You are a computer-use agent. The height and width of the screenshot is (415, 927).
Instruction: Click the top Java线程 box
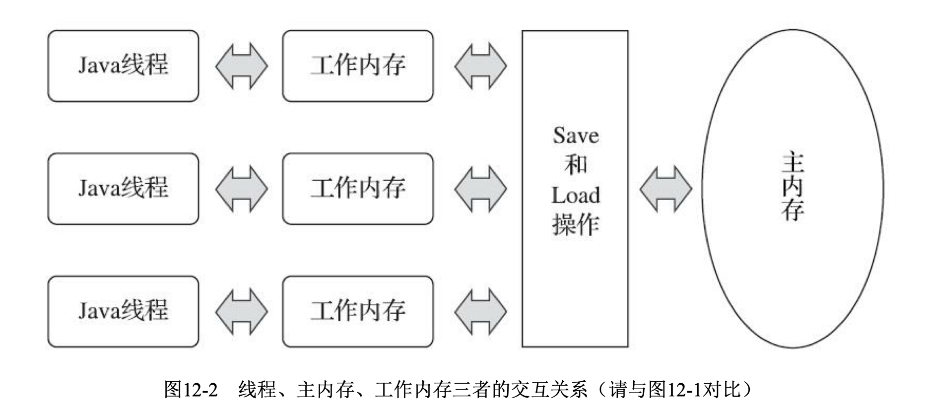[x=123, y=66]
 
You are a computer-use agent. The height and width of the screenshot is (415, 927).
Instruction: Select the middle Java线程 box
[x=123, y=189]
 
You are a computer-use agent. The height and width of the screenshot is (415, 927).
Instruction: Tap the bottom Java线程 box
[x=123, y=312]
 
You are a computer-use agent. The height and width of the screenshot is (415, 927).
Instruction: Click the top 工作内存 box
[x=358, y=66]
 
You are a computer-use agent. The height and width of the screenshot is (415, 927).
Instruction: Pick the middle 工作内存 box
[x=358, y=189]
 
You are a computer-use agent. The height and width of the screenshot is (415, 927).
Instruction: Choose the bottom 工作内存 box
[x=358, y=312]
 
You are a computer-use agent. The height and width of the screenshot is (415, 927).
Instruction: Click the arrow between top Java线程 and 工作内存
[x=241, y=66]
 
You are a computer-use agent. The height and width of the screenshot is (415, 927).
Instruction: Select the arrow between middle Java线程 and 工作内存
[x=241, y=189]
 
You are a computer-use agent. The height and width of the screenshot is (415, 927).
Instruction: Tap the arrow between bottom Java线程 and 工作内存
[x=241, y=312]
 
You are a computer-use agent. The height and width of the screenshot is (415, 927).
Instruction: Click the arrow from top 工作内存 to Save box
[x=480, y=66]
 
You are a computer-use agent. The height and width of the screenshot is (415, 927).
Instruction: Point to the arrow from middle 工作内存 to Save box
[x=480, y=189]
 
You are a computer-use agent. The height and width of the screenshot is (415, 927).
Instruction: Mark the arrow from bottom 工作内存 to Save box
[x=480, y=312]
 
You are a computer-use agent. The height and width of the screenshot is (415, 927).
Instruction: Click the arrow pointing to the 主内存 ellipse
[x=665, y=189]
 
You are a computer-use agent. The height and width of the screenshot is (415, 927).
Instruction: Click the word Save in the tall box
[x=576, y=136]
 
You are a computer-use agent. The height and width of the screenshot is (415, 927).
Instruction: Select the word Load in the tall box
[x=576, y=195]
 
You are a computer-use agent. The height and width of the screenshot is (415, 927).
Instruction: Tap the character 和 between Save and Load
[x=576, y=165]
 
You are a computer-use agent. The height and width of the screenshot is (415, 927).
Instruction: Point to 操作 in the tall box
[x=576, y=224]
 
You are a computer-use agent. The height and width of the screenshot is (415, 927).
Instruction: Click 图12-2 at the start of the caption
[x=191, y=390]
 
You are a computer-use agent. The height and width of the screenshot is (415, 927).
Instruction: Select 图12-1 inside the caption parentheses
[x=675, y=390]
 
